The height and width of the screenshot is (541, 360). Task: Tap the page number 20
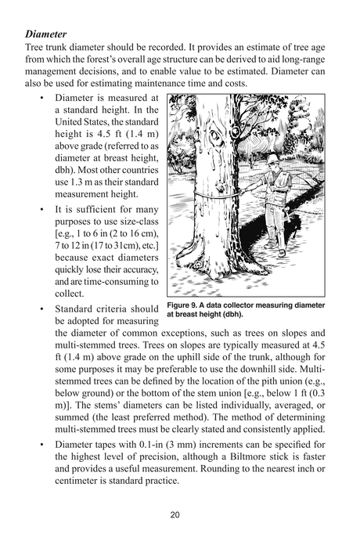pos(180,514)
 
